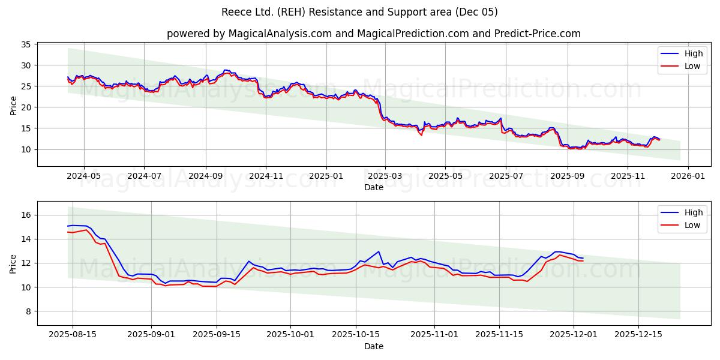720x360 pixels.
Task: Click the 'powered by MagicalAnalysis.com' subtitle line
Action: pos(373,34)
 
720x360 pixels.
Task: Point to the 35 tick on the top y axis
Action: pos(26,44)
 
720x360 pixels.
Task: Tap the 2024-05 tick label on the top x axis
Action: pos(83,176)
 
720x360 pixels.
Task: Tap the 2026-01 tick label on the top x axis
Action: pos(688,176)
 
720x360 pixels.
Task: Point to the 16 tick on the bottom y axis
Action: pos(26,215)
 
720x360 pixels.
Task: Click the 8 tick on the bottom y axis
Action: pos(29,311)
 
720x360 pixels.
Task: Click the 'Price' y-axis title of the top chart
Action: pos(14,104)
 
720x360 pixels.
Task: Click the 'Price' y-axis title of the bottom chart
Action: pos(14,263)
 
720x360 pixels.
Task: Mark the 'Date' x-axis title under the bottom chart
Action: pos(373,346)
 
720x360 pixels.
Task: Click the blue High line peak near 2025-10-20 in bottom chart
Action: pos(379,251)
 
